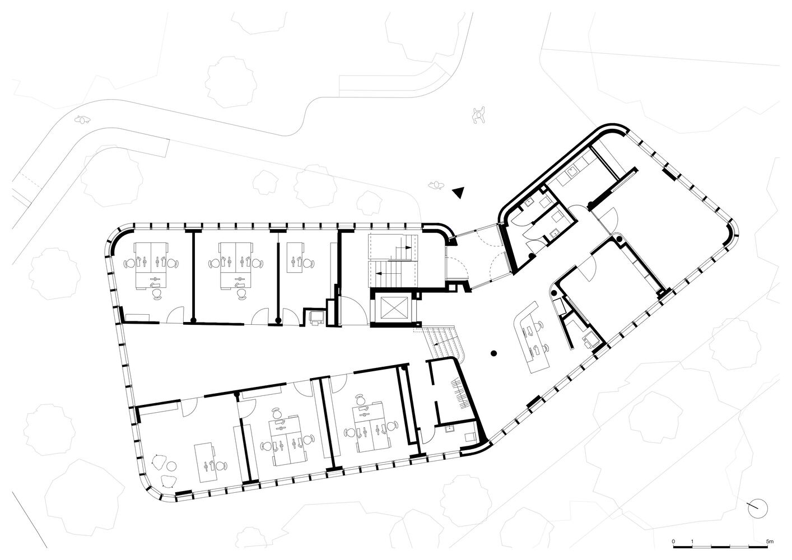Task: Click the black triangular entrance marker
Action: tap(459, 192)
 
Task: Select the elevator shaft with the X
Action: tap(390, 307)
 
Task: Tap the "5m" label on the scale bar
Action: tap(770, 542)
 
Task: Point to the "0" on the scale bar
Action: tap(674, 542)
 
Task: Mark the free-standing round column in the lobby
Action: tap(493, 353)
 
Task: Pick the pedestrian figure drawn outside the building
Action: tap(478, 115)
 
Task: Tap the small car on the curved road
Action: tap(83, 118)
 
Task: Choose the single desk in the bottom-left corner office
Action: tap(209, 463)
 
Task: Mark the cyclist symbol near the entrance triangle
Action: tap(436, 184)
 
